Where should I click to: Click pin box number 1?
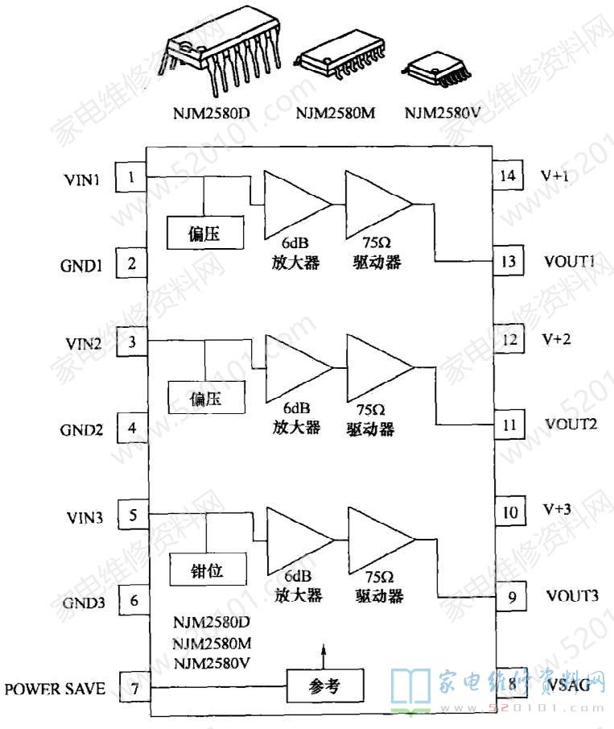tap(132, 176)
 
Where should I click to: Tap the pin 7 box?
tap(134, 688)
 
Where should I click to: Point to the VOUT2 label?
tap(571, 423)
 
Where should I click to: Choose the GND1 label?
tap(81, 265)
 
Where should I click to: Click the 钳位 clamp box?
tap(207, 571)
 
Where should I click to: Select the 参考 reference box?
tap(325, 686)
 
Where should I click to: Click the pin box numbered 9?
tap(511, 597)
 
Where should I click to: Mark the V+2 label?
tap(557, 339)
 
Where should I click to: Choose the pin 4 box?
tap(133, 428)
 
